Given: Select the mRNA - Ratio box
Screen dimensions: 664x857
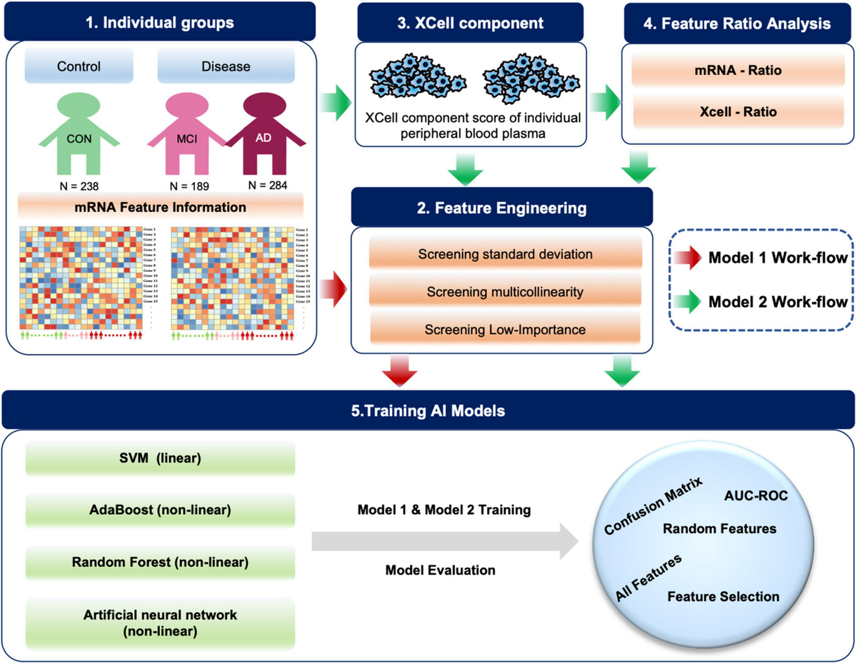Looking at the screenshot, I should click(x=737, y=72).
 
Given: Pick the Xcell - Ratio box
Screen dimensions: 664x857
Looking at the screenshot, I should click(x=737, y=112).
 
